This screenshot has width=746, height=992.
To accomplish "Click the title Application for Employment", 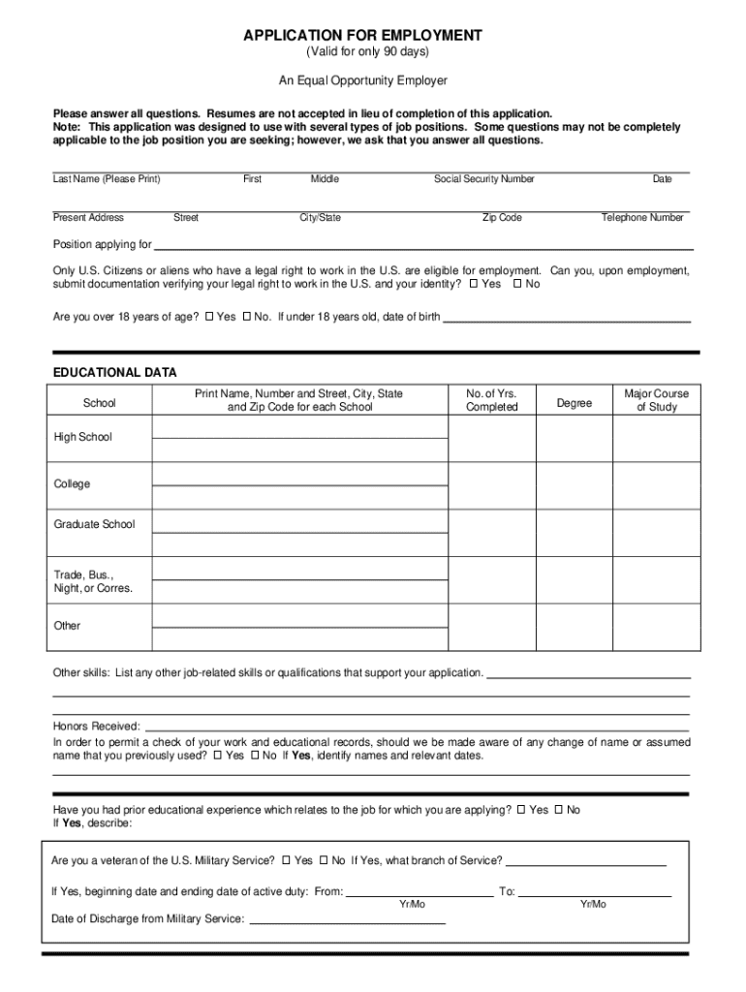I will click(x=362, y=36).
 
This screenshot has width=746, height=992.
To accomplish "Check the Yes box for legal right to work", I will click(x=474, y=285).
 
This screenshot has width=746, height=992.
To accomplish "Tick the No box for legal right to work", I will click(x=517, y=285).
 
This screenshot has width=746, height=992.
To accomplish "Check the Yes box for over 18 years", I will click(x=209, y=317).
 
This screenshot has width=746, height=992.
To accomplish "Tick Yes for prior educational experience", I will click(x=521, y=810).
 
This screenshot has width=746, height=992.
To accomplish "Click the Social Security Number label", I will click(x=484, y=179).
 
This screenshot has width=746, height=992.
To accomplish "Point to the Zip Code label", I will click(x=502, y=218).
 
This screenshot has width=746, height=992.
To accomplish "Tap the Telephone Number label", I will click(x=642, y=218).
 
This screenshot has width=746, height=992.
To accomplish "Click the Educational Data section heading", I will click(x=114, y=373).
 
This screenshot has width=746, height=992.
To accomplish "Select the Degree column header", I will click(x=575, y=402).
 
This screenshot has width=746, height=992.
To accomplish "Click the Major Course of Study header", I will click(x=656, y=400).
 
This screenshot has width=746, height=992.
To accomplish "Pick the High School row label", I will click(x=83, y=437).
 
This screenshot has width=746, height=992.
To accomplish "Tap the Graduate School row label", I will click(x=95, y=524).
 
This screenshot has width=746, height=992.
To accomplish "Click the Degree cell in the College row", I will click(x=575, y=483).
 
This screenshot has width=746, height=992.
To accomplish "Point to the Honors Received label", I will click(x=97, y=727).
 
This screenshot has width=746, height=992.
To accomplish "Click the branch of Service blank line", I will click(x=586, y=864).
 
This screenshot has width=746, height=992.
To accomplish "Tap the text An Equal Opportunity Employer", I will click(x=362, y=81).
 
